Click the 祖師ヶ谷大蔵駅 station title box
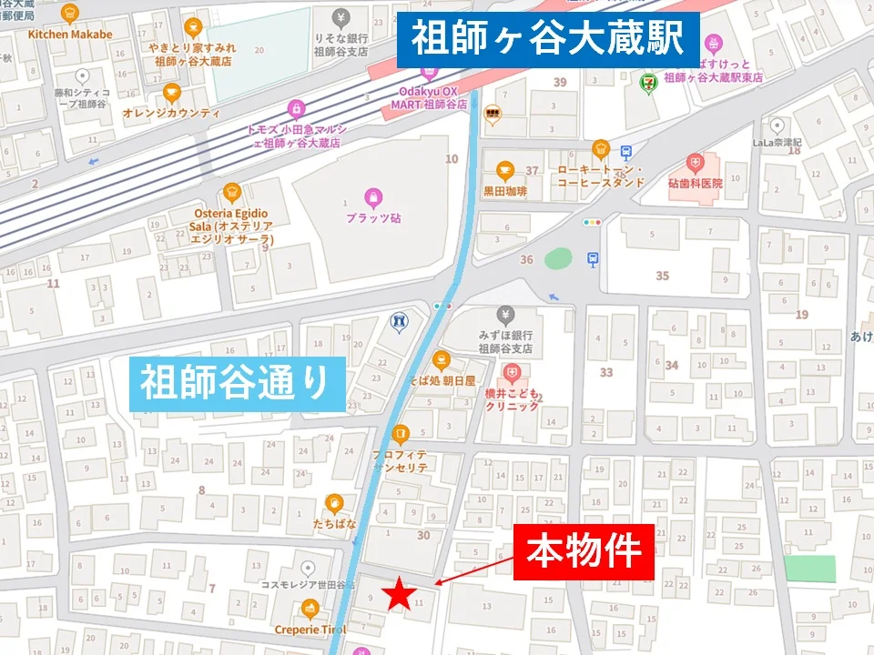(548, 40)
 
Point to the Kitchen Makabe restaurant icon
(70, 13)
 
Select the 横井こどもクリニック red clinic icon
(513, 372)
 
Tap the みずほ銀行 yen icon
(505, 315)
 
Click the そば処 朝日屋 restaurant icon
(442, 358)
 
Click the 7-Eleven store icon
(644, 79)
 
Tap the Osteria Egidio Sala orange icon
(231, 192)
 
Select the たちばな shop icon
(335, 503)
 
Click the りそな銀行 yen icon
(340, 16)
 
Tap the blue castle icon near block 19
(398, 321)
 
